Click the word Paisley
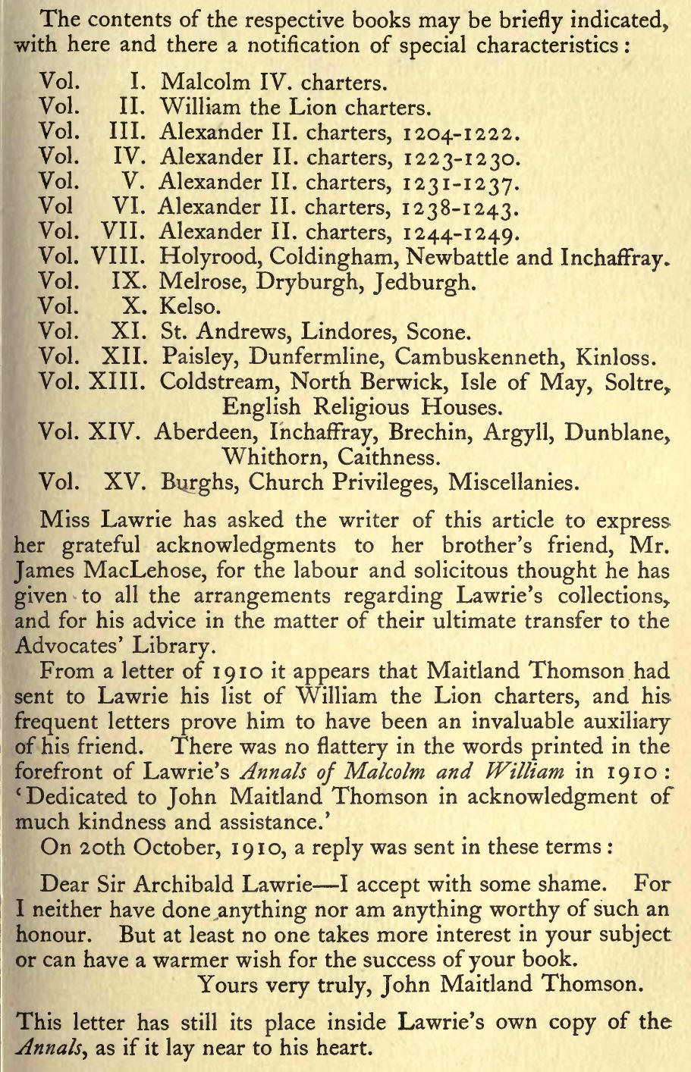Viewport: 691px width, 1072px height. (193, 356)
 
